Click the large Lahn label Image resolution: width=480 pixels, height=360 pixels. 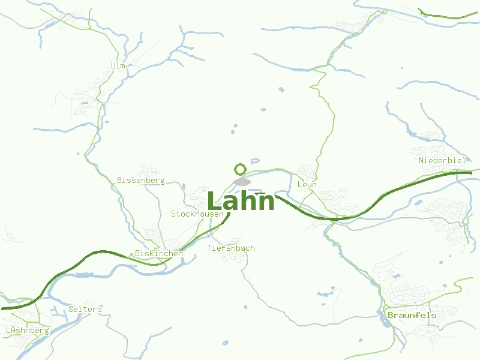[x=241, y=201]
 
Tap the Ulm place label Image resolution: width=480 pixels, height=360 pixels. [x=118, y=65]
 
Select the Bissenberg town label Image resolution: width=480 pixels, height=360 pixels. [x=140, y=180]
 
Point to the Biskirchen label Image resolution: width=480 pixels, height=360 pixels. [x=159, y=254]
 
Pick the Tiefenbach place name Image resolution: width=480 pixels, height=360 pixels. [x=230, y=248]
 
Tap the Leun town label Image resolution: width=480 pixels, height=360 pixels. [x=307, y=185]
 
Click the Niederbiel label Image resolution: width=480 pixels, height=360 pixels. [x=442, y=160]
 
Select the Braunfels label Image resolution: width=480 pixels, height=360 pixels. [x=412, y=315]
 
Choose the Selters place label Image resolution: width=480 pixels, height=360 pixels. [x=85, y=309]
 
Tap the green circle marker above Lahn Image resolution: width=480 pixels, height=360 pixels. [x=241, y=169]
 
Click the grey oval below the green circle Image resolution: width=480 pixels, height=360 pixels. [x=242, y=181]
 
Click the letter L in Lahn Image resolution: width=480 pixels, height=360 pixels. [x=214, y=201]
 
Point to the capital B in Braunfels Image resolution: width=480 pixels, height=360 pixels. [x=391, y=315]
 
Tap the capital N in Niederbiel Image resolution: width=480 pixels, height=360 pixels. [x=421, y=160]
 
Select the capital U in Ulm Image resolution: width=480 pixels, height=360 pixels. [x=113, y=65]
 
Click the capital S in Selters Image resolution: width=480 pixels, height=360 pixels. [x=71, y=309]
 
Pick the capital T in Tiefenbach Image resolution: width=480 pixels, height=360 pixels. [x=209, y=248]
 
